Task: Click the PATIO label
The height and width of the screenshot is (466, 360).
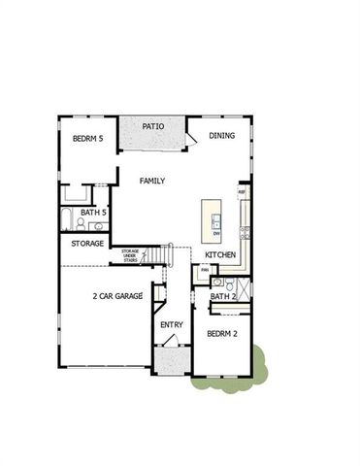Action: (x=152, y=126)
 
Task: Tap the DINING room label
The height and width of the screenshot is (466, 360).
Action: (x=222, y=136)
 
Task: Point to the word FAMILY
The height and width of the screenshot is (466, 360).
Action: (x=151, y=181)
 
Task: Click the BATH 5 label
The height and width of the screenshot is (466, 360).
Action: (x=93, y=212)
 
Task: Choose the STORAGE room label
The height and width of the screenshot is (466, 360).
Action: (x=88, y=244)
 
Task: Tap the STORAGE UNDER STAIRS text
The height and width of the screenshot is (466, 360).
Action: (x=130, y=255)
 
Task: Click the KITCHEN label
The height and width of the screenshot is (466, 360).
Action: (x=220, y=254)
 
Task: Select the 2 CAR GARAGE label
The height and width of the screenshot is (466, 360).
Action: (x=117, y=295)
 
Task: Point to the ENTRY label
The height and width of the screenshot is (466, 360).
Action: (x=172, y=324)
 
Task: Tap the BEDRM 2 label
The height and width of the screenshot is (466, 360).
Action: (x=223, y=334)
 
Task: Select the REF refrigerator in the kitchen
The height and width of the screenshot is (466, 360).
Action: (x=242, y=193)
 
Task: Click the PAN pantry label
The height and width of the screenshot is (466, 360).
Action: (x=205, y=271)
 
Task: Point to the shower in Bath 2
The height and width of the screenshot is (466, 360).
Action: (x=243, y=289)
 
